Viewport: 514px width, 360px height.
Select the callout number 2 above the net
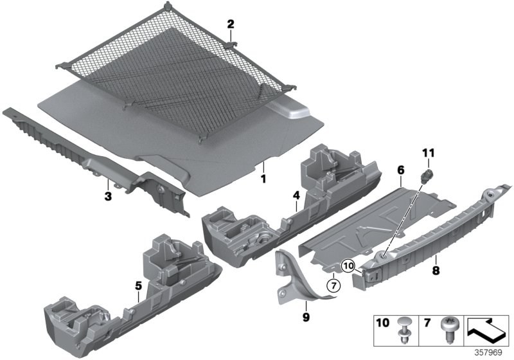tap(230, 24)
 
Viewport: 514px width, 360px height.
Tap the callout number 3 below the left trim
tap(108, 195)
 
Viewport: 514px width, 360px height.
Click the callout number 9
tap(305, 316)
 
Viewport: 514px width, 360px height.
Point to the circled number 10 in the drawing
tap(347, 265)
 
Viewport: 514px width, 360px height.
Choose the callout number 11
tap(427, 152)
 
